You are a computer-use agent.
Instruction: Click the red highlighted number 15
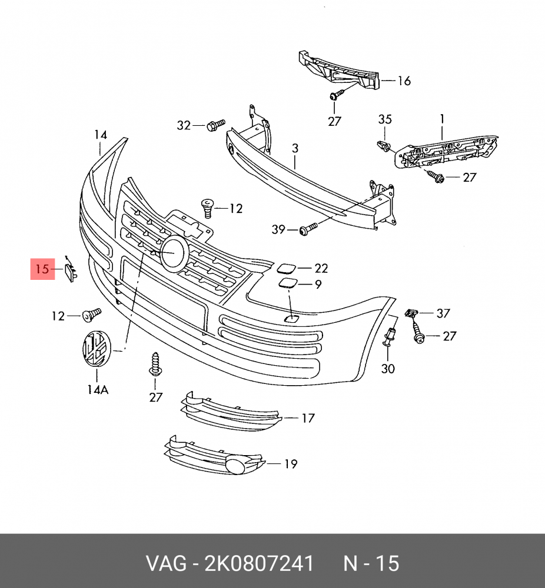point(42,270)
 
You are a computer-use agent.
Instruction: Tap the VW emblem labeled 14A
point(95,349)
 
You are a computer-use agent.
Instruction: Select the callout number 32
point(184,125)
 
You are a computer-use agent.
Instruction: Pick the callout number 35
point(384,119)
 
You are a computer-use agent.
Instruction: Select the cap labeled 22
point(287,269)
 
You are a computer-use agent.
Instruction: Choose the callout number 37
point(443,313)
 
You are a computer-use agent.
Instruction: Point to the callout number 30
point(388,369)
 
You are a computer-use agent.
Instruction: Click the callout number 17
point(308,419)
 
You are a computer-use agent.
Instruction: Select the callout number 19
point(290,464)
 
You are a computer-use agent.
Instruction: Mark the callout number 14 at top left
point(101,135)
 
